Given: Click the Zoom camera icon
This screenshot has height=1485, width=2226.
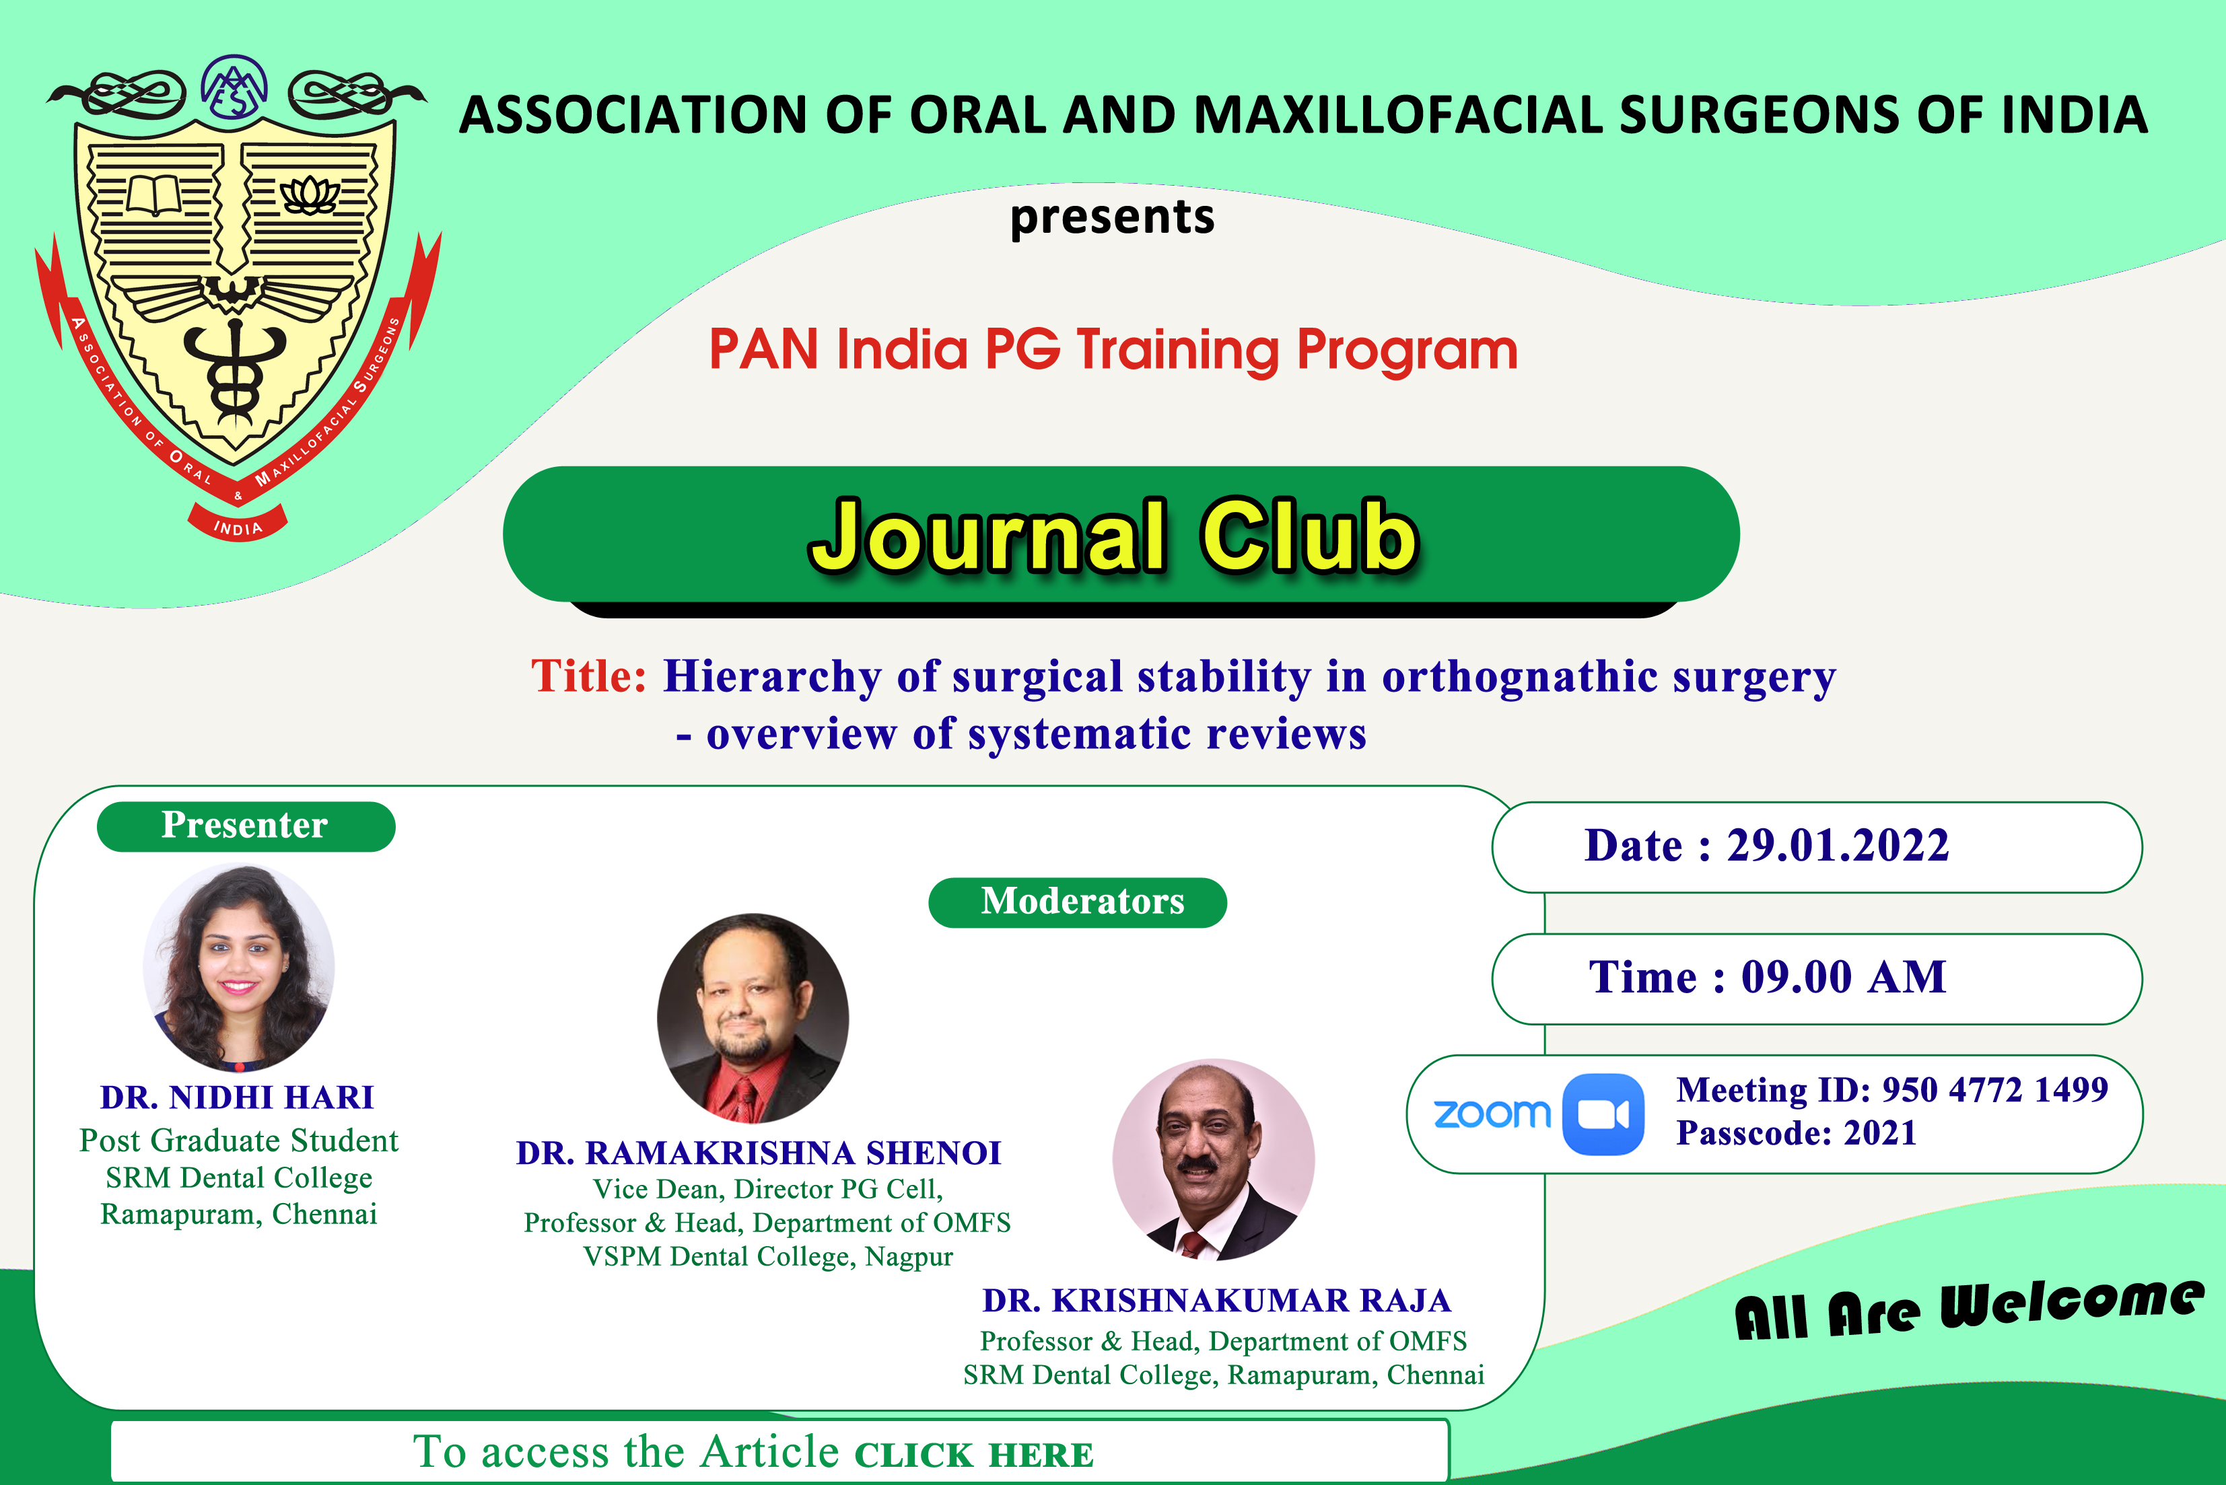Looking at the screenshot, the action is pyautogui.click(x=1603, y=1115).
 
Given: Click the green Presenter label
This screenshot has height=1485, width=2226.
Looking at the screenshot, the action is pyautogui.click(x=245, y=826).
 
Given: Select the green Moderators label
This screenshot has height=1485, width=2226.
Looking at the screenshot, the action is pyautogui.click(x=1077, y=902).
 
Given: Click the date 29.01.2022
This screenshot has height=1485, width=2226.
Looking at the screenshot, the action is pyautogui.click(x=1838, y=846).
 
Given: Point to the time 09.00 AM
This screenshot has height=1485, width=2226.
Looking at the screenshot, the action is pyautogui.click(x=1843, y=978).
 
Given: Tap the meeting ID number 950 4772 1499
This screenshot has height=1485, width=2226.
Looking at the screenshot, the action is pyautogui.click(x=1995, y=1090).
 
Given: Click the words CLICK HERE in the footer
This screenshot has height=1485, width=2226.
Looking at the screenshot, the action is pyautogui.click(x=974, y=1455).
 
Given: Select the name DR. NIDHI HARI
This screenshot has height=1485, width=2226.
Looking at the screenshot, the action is pyautogui.click(x=238, y=1097).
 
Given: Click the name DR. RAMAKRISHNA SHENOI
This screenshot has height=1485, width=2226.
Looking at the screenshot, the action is pyautogui.click(x=759, y=1153).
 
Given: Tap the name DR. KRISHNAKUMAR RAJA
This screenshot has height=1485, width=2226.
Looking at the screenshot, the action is pyautogui.click(x=1216, y=1301).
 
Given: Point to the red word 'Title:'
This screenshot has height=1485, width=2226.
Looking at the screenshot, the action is pyautogui.click(x=588, y=676).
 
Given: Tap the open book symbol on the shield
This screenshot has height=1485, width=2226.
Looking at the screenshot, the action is pyautogui.click(x=153, y=196).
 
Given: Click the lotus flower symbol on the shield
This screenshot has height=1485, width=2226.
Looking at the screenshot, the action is pyautogui.click(x=309, y=194).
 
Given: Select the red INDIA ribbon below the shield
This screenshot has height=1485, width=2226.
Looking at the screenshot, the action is pyautogui.click(x=238, y=523).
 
